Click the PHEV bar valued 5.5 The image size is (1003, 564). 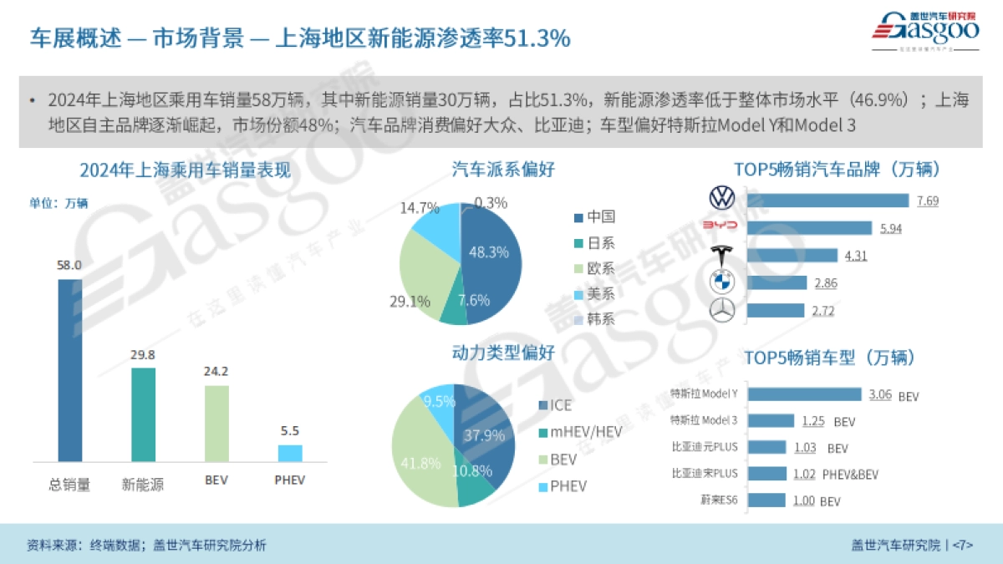[290, 453]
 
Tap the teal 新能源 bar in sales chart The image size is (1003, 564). [143, 414]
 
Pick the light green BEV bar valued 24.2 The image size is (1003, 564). [216, 423]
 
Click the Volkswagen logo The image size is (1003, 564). [721, 199]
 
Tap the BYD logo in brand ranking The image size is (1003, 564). [720, 227]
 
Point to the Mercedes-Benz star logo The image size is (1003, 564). [721, 311]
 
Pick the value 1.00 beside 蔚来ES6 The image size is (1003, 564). [803, 500]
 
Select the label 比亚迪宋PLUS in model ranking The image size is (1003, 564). [705, 473]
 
